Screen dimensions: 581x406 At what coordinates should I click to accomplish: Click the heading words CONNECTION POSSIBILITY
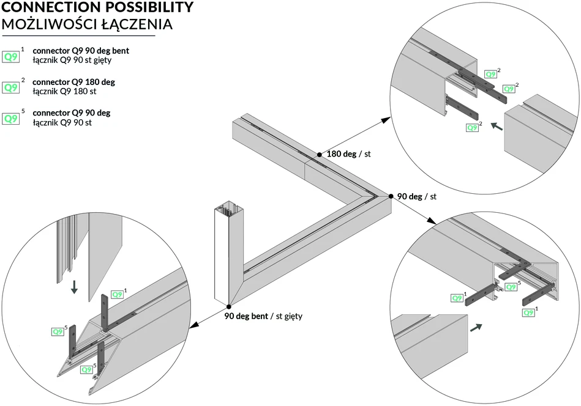[97, 7]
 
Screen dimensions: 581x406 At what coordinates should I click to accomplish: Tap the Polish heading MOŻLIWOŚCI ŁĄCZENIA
[88, 24]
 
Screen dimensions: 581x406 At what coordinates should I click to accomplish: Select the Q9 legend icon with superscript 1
[11, 57]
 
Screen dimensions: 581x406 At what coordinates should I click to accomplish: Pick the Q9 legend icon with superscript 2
[11, 87]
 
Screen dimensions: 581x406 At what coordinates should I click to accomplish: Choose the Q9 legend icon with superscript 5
[11, 119]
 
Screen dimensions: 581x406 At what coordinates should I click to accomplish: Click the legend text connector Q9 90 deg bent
[81, 51]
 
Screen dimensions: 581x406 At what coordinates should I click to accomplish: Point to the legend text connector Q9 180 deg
[73, 82]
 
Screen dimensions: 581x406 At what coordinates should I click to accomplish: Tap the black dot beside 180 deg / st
[320, 154]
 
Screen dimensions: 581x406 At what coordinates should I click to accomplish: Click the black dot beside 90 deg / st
[391, 196]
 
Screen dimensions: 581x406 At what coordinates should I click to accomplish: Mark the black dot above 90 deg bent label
[229, 306]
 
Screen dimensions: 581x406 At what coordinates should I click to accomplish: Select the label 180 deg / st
[349, 154]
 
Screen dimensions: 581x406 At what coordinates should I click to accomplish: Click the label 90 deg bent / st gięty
[263, 317]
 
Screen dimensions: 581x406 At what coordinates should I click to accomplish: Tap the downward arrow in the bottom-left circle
[74, 287]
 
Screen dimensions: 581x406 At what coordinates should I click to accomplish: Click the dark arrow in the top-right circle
[497, 126]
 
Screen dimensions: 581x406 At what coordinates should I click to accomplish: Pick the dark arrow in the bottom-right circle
[476, 328]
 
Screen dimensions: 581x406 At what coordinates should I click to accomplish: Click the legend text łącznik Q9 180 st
[64, 92]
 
